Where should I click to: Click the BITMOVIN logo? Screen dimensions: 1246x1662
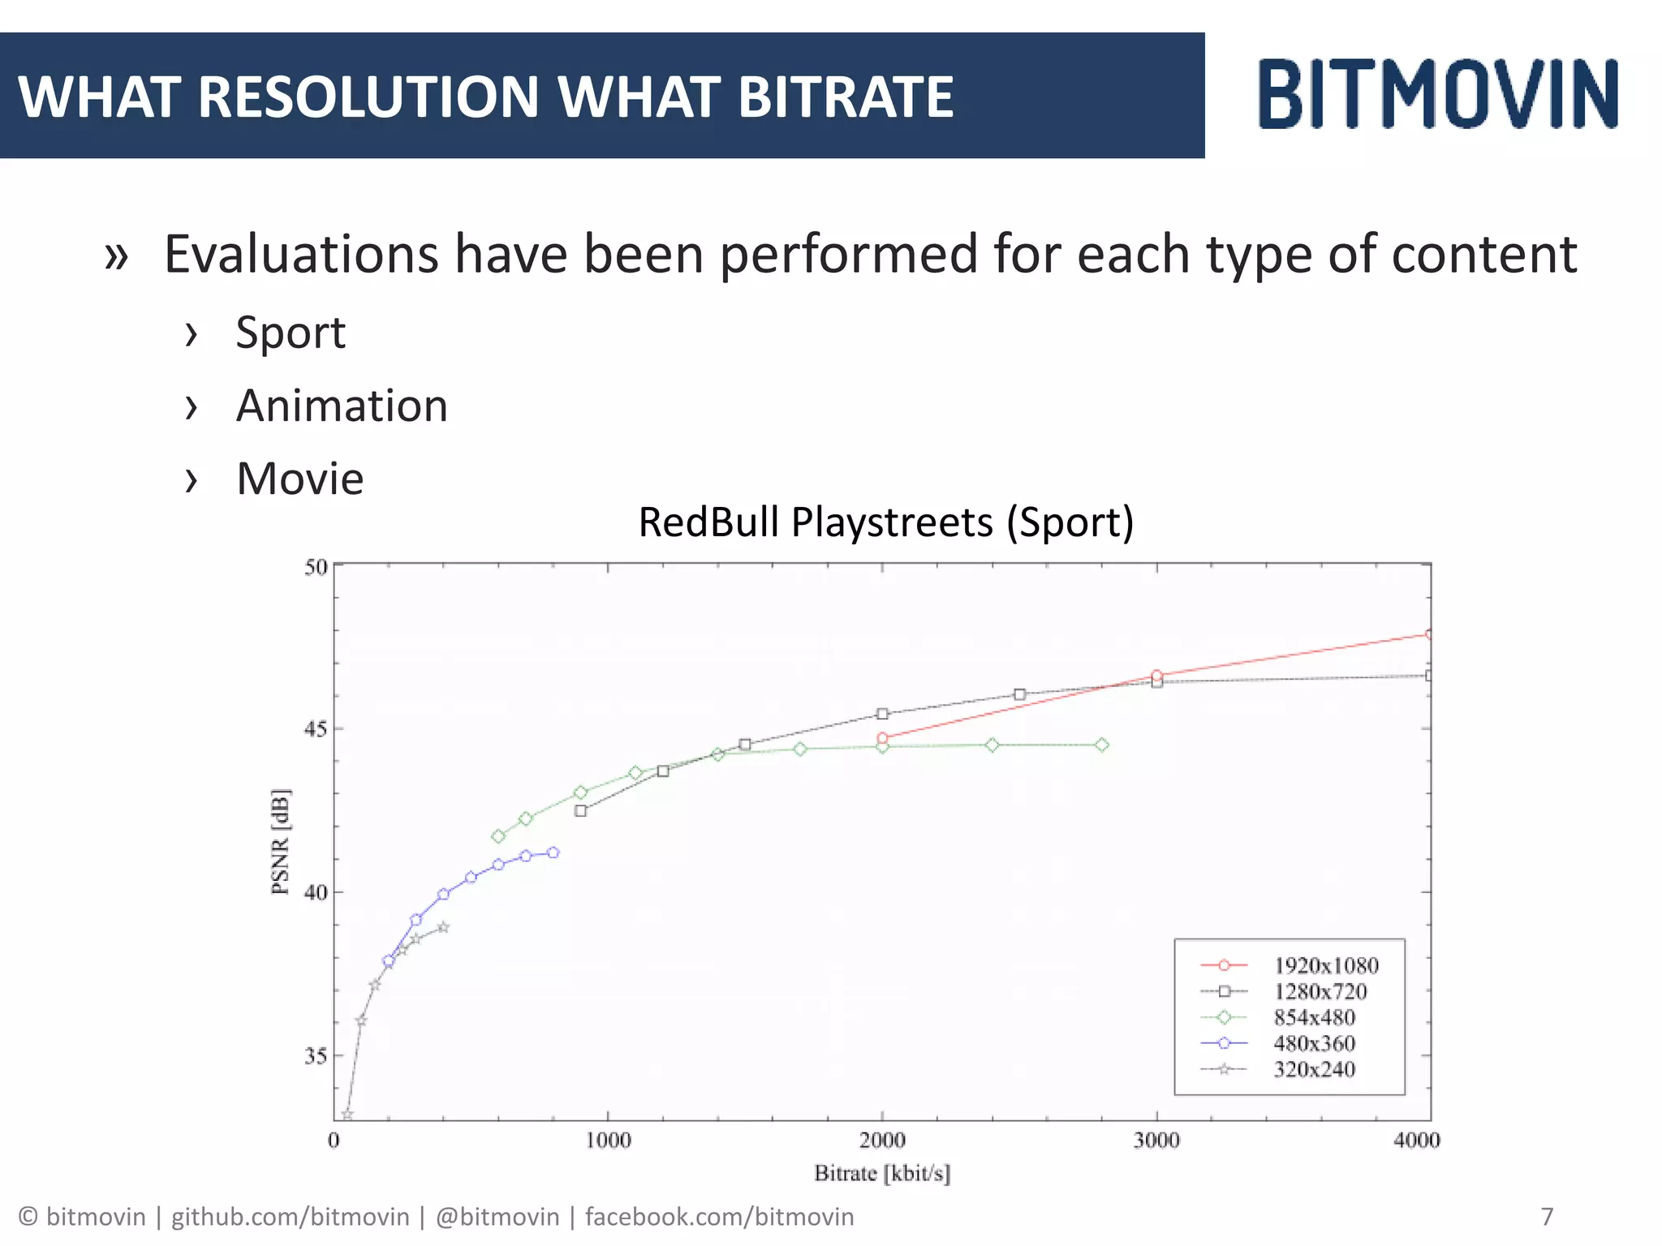tap(1437, 94)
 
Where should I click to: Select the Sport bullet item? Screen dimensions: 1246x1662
tap(291, 333)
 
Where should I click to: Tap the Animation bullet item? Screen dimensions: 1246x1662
tap(342, 406)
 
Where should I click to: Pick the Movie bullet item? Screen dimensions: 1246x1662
tap(299, 479)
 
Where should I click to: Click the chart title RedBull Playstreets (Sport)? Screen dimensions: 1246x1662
tap(885, 522)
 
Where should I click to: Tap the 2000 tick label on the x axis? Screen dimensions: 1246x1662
tap(882, 1141)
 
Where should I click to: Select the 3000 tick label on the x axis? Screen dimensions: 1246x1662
tap(1156, 1141)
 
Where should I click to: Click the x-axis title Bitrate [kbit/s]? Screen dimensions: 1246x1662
tap(882, 1173)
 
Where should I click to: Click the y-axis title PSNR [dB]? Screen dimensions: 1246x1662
tap(280, 841)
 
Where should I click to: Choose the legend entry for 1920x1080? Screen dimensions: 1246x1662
tap(1325, 965)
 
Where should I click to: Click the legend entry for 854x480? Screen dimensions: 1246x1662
tap(1314, 1017)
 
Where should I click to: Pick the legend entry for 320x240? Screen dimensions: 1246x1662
tap(1314, 1069)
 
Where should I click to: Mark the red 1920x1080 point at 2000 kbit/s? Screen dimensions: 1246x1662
tap(882, 738)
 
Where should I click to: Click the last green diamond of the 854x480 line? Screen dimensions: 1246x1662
tap(1101, 745)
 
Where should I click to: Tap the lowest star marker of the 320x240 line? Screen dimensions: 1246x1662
tap(347, 1115)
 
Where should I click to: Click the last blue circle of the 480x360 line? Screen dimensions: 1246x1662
tap(553, 853)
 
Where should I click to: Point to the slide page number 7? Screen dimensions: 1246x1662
tap(1547, 1217)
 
